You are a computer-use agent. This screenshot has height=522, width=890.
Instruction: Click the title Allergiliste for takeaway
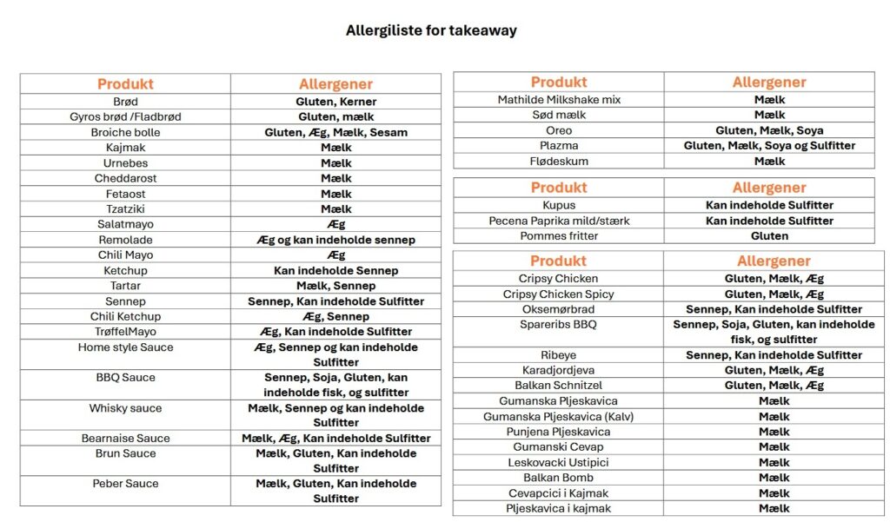[431, 30]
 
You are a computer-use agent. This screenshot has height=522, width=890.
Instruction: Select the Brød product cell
[125, 102]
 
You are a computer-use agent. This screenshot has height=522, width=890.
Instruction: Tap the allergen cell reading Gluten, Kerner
[335, 102]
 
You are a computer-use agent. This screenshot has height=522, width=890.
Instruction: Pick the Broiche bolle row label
[125, 133]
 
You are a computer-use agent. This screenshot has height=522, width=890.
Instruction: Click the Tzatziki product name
[125, 209]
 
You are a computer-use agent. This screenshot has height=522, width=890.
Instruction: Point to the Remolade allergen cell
[335, 240]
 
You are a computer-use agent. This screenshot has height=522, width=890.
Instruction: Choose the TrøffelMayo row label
[125, 332]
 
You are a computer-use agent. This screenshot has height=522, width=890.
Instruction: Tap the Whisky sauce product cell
[125, 408]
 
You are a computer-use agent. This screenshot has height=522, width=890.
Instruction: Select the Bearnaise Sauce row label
[125, 439]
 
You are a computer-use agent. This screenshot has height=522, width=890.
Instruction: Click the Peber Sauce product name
[125, 484]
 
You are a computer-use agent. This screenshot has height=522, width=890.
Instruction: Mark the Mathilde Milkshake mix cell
[559, 100]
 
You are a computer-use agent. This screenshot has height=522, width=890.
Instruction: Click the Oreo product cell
[559, 130]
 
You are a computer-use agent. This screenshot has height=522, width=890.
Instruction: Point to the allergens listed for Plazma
[769, 146]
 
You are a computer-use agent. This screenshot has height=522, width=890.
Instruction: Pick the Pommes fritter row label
[559, 236]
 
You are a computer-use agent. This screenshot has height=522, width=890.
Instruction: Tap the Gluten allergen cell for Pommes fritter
[769, 236]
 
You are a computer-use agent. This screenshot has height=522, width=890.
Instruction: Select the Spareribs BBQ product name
[559, 325]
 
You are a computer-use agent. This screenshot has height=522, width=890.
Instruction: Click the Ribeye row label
[559, 355]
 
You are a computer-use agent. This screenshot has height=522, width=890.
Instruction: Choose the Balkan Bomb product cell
[559, 478]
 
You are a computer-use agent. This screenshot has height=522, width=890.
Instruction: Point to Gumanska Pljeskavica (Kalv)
[559, 417]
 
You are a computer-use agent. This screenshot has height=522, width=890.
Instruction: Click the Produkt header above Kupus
[559, 188]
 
